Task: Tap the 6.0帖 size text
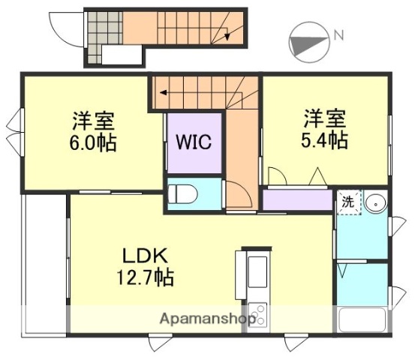94,142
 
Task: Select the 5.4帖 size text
325,139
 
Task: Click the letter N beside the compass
338,34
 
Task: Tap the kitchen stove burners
257,313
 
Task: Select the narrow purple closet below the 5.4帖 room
297,200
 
